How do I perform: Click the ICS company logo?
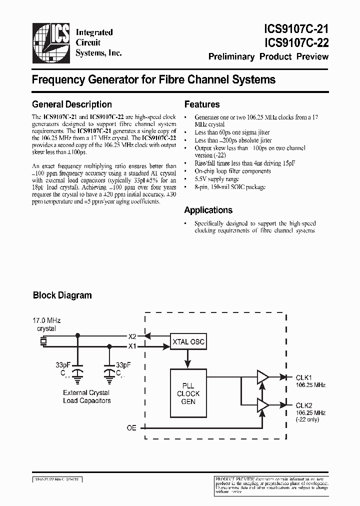(51, 41)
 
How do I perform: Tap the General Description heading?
(71, 104)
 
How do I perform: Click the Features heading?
(202, 104)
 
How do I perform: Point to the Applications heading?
(208, 210)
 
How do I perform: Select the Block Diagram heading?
(62, 295)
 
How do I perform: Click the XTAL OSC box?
(187, 341)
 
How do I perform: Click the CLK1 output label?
(303, 377)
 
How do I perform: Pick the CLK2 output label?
(303, 405)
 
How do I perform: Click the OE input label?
(131, 428)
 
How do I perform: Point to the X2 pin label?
(132, 336)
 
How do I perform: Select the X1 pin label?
(132, 346)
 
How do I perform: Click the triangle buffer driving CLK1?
(262, 377)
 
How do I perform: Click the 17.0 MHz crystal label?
(46, 324)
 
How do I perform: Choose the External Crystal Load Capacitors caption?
(86, 396)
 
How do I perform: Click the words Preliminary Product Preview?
(268, 56)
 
